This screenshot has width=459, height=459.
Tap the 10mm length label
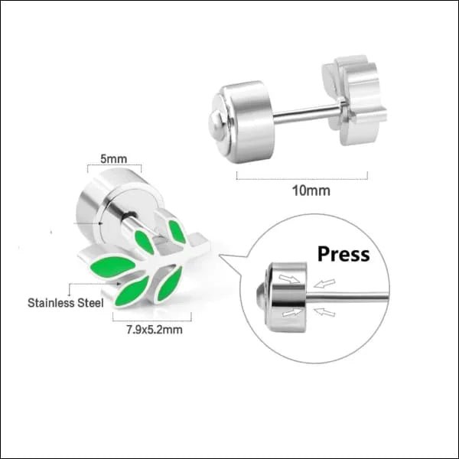(x=301, y=190)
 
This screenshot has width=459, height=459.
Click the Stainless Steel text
(x=65, y=302)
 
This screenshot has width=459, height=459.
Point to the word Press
(x=343, y=253)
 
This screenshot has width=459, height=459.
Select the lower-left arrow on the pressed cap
(x=288, y=312)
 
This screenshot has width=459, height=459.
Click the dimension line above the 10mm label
(x=301, y=176)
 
